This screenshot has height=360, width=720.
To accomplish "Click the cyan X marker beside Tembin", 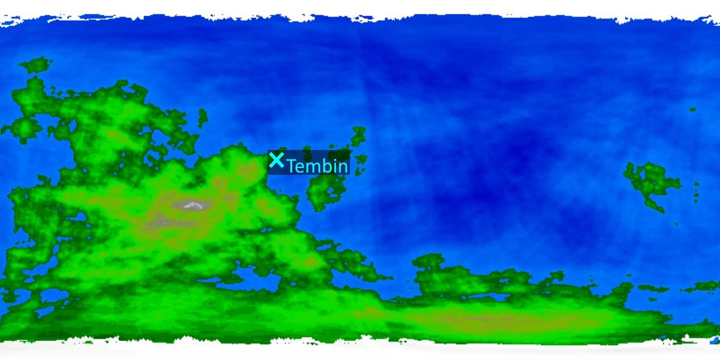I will click(x=276, y=160).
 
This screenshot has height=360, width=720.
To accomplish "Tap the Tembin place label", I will click(x=317, y=166).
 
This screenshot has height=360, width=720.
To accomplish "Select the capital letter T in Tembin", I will click(x=293, y=166).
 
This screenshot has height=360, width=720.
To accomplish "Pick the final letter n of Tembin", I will click(x=343, y=167).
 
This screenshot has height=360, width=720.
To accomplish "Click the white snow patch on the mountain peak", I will click(x=193, y=205).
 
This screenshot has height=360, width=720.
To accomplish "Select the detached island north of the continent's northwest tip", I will click(x=36, y=64).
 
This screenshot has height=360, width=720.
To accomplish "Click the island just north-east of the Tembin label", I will click(x=358, y=136).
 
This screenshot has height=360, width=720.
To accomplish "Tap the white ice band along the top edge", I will click(x=360, y=7).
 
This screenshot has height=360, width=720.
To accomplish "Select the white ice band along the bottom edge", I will click(x=360, y=351).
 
